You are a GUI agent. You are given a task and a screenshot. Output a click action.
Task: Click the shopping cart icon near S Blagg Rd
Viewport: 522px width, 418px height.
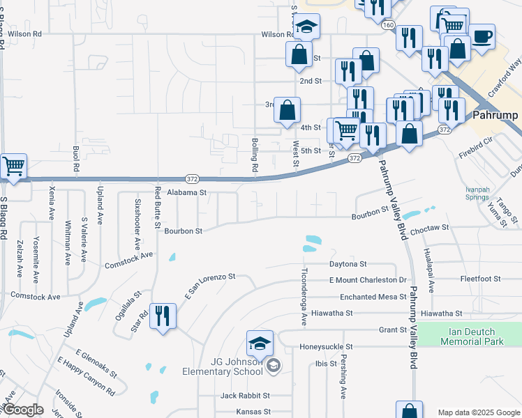(13, 167)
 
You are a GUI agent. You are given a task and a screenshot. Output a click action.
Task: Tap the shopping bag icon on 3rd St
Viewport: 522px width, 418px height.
(287, 109)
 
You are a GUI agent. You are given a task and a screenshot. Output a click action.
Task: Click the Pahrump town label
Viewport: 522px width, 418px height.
(497, 115)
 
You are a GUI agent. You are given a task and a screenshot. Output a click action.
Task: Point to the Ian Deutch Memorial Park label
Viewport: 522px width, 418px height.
(472, 336)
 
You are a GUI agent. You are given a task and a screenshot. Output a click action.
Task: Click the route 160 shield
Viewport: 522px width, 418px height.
(388, 25)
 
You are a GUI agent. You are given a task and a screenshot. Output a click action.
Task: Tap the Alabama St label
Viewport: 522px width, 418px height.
(184, 192)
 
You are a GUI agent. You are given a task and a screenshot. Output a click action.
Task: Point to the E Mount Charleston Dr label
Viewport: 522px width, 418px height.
(367, 280)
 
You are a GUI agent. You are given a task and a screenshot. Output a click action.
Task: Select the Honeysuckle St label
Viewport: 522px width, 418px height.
(327, 346)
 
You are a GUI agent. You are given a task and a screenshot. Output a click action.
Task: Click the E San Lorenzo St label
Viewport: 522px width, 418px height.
(209, 285)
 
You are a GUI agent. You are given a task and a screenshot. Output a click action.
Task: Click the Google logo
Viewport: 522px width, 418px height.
(23, 410)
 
